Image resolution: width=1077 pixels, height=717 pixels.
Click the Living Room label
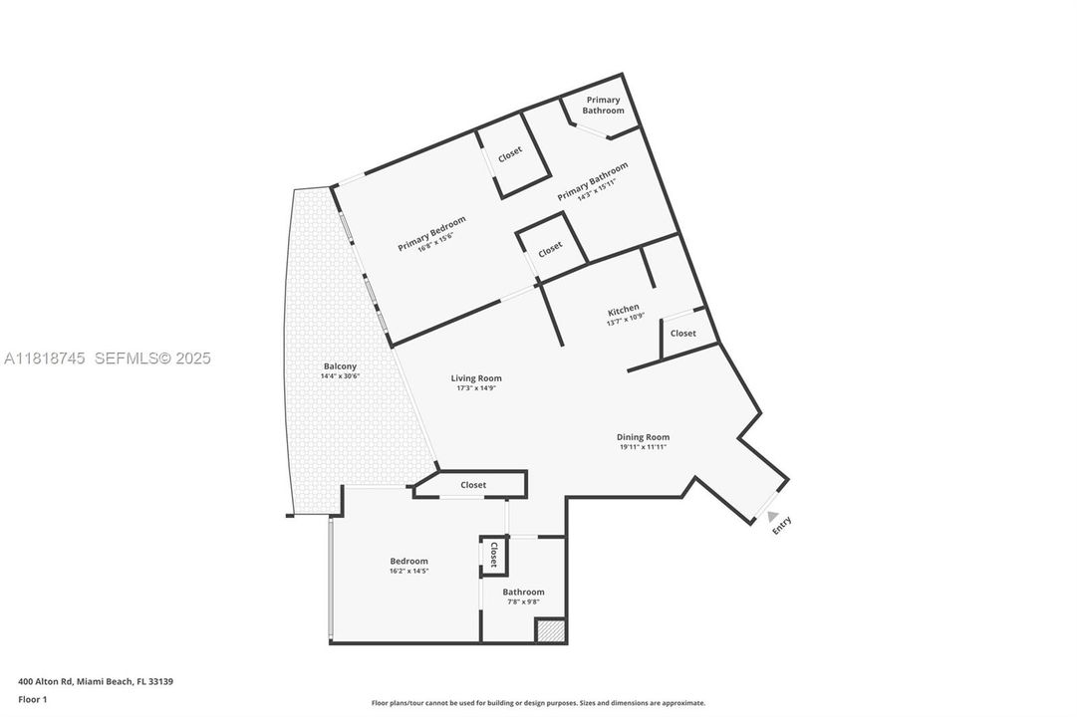[x=476, y=378]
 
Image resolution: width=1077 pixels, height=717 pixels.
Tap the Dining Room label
[x=643, y=437]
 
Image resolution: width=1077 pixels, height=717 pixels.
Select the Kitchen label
[x=624, y=310]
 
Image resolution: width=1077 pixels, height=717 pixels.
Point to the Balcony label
[x=339, y=366]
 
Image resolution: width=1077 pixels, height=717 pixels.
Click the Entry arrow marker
[x=773, y=515]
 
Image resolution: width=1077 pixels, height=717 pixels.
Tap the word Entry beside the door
[x=782, y=525]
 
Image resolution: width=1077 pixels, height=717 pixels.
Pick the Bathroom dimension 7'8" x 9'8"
[x=523, y=601]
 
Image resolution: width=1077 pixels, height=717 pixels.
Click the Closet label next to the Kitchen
[x=683, y=334]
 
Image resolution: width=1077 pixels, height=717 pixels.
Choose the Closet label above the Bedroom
[x=473, y=485]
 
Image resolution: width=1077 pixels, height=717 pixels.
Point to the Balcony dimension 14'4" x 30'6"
[x=339, y=376]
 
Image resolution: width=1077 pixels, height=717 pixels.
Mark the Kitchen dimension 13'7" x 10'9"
[x=626, y=321]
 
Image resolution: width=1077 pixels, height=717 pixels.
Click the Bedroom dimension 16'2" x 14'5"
[x=408, y=572]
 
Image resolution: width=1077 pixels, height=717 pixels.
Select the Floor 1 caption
[x=33, y=699]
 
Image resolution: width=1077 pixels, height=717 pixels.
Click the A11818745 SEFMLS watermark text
[x=108, y=358]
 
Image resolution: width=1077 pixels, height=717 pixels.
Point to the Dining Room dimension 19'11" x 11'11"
[x=643, y=447]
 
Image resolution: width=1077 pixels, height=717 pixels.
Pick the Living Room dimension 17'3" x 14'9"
[x=476, y=388]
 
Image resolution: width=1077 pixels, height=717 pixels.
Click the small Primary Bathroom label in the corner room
[x=603, y=105]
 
